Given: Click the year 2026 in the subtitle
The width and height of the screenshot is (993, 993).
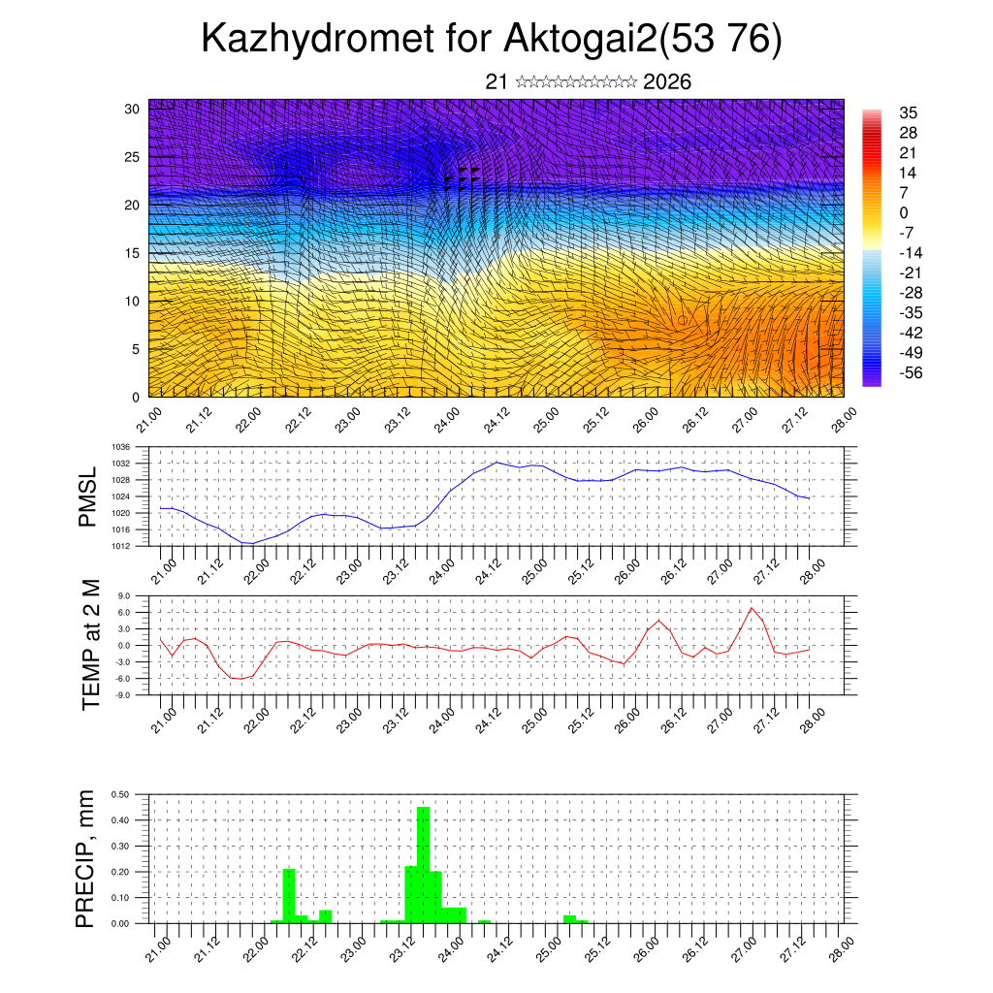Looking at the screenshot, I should (667, 82).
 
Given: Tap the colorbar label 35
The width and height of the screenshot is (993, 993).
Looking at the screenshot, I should (909, 112).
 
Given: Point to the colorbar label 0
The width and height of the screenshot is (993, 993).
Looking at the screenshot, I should (904, 212).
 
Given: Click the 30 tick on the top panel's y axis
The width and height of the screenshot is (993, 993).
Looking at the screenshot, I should (132, 109).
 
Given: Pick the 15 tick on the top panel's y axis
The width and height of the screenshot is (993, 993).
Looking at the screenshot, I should (132, 253).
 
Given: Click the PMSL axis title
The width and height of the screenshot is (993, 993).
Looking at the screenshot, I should (88, 496).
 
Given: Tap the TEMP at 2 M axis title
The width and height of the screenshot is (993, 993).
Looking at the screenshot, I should (91, 644).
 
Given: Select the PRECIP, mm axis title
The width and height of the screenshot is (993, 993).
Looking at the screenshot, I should (86, 858).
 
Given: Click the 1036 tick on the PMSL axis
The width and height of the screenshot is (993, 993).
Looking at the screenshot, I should (122, 447).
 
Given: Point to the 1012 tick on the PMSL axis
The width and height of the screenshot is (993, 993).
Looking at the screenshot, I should (122, 546).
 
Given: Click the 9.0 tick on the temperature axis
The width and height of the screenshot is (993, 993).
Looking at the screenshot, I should (124, 596).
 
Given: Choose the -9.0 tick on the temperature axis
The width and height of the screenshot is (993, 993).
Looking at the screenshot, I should (123, 695).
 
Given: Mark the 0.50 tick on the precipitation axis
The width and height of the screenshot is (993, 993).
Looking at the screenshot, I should (121, 794).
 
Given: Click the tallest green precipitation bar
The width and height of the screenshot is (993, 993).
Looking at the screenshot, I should (423, 863).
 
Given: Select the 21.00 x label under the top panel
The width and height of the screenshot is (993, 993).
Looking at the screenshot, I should (148, 421).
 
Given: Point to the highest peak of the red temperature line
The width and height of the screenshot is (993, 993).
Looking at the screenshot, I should (751, 608).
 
